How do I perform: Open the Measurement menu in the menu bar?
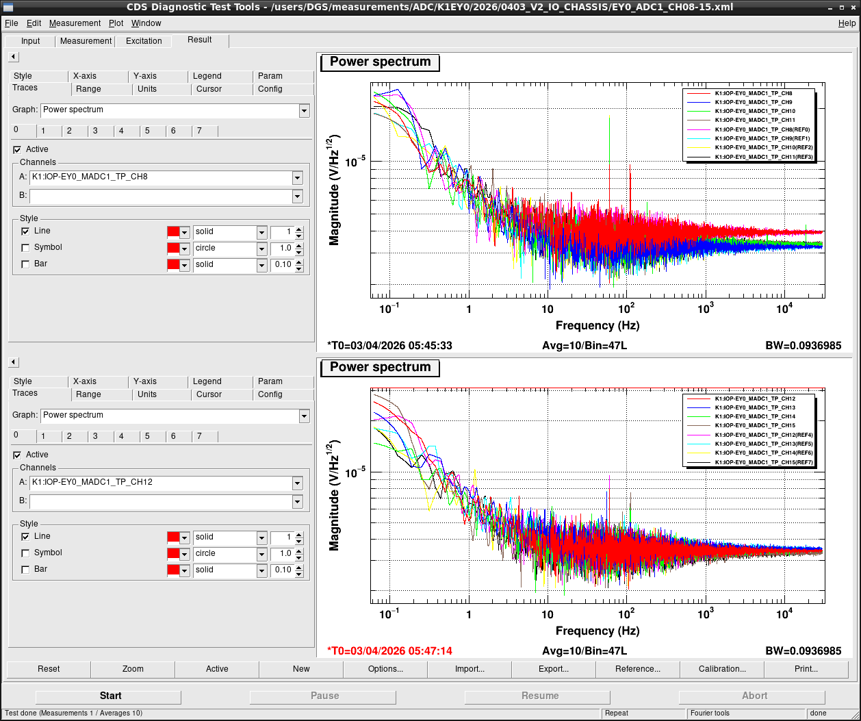[75, 23]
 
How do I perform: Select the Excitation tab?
[144, 41]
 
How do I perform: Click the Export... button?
[554, 668]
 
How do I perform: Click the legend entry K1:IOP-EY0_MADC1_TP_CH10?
[755, 111]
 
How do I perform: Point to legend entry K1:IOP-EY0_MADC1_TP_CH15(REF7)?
[764, 462]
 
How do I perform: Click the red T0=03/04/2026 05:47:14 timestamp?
[389, 651]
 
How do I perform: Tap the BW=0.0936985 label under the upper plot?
[804, 345]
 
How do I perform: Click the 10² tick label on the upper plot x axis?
[626, 308]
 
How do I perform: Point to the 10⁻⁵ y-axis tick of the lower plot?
[355, 472]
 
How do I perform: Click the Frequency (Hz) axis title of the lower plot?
[597, 631]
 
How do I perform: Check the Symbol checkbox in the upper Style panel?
[25, 247]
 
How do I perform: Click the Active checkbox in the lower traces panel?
[17, 455]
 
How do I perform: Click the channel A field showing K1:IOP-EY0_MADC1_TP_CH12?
[162, 482]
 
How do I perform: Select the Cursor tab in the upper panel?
[209, 89]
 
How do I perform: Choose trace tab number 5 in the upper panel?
[147, 131]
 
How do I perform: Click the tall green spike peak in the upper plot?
[609, 116]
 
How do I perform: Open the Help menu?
[847, 23]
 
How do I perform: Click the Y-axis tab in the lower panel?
[144, 381]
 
